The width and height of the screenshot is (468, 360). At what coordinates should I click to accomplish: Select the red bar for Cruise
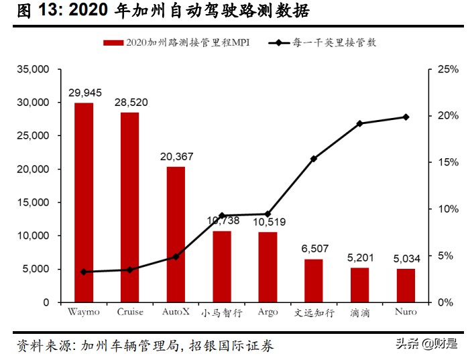click(x=130, y=207)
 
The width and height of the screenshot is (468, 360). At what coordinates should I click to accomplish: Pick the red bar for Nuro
click(x=406, y=286)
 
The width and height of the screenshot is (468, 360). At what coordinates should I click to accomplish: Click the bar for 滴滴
click(x=359, y=285)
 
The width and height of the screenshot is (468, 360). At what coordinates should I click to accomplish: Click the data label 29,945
click(x=84, y=92)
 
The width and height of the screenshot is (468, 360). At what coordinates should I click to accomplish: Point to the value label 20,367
click(x=176, y=156)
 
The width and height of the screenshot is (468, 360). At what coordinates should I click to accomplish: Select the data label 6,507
click(x=314, y=249)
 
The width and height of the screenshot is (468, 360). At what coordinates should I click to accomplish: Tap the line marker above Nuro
click(x=406, y=117)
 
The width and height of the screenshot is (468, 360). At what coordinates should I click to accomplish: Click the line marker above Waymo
click(x=84, y=272)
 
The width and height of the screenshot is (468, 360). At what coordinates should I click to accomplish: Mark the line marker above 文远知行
click(x=314, y=159)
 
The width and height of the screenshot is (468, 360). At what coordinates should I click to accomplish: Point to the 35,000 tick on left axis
click(x=34, y=69)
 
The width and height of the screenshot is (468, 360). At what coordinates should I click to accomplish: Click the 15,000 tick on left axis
click(x=34, y=202)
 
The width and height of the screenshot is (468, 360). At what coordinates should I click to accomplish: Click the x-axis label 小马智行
click(x=222, y=312)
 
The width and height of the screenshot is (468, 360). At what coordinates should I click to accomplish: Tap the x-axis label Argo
click(x=268, y=312)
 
